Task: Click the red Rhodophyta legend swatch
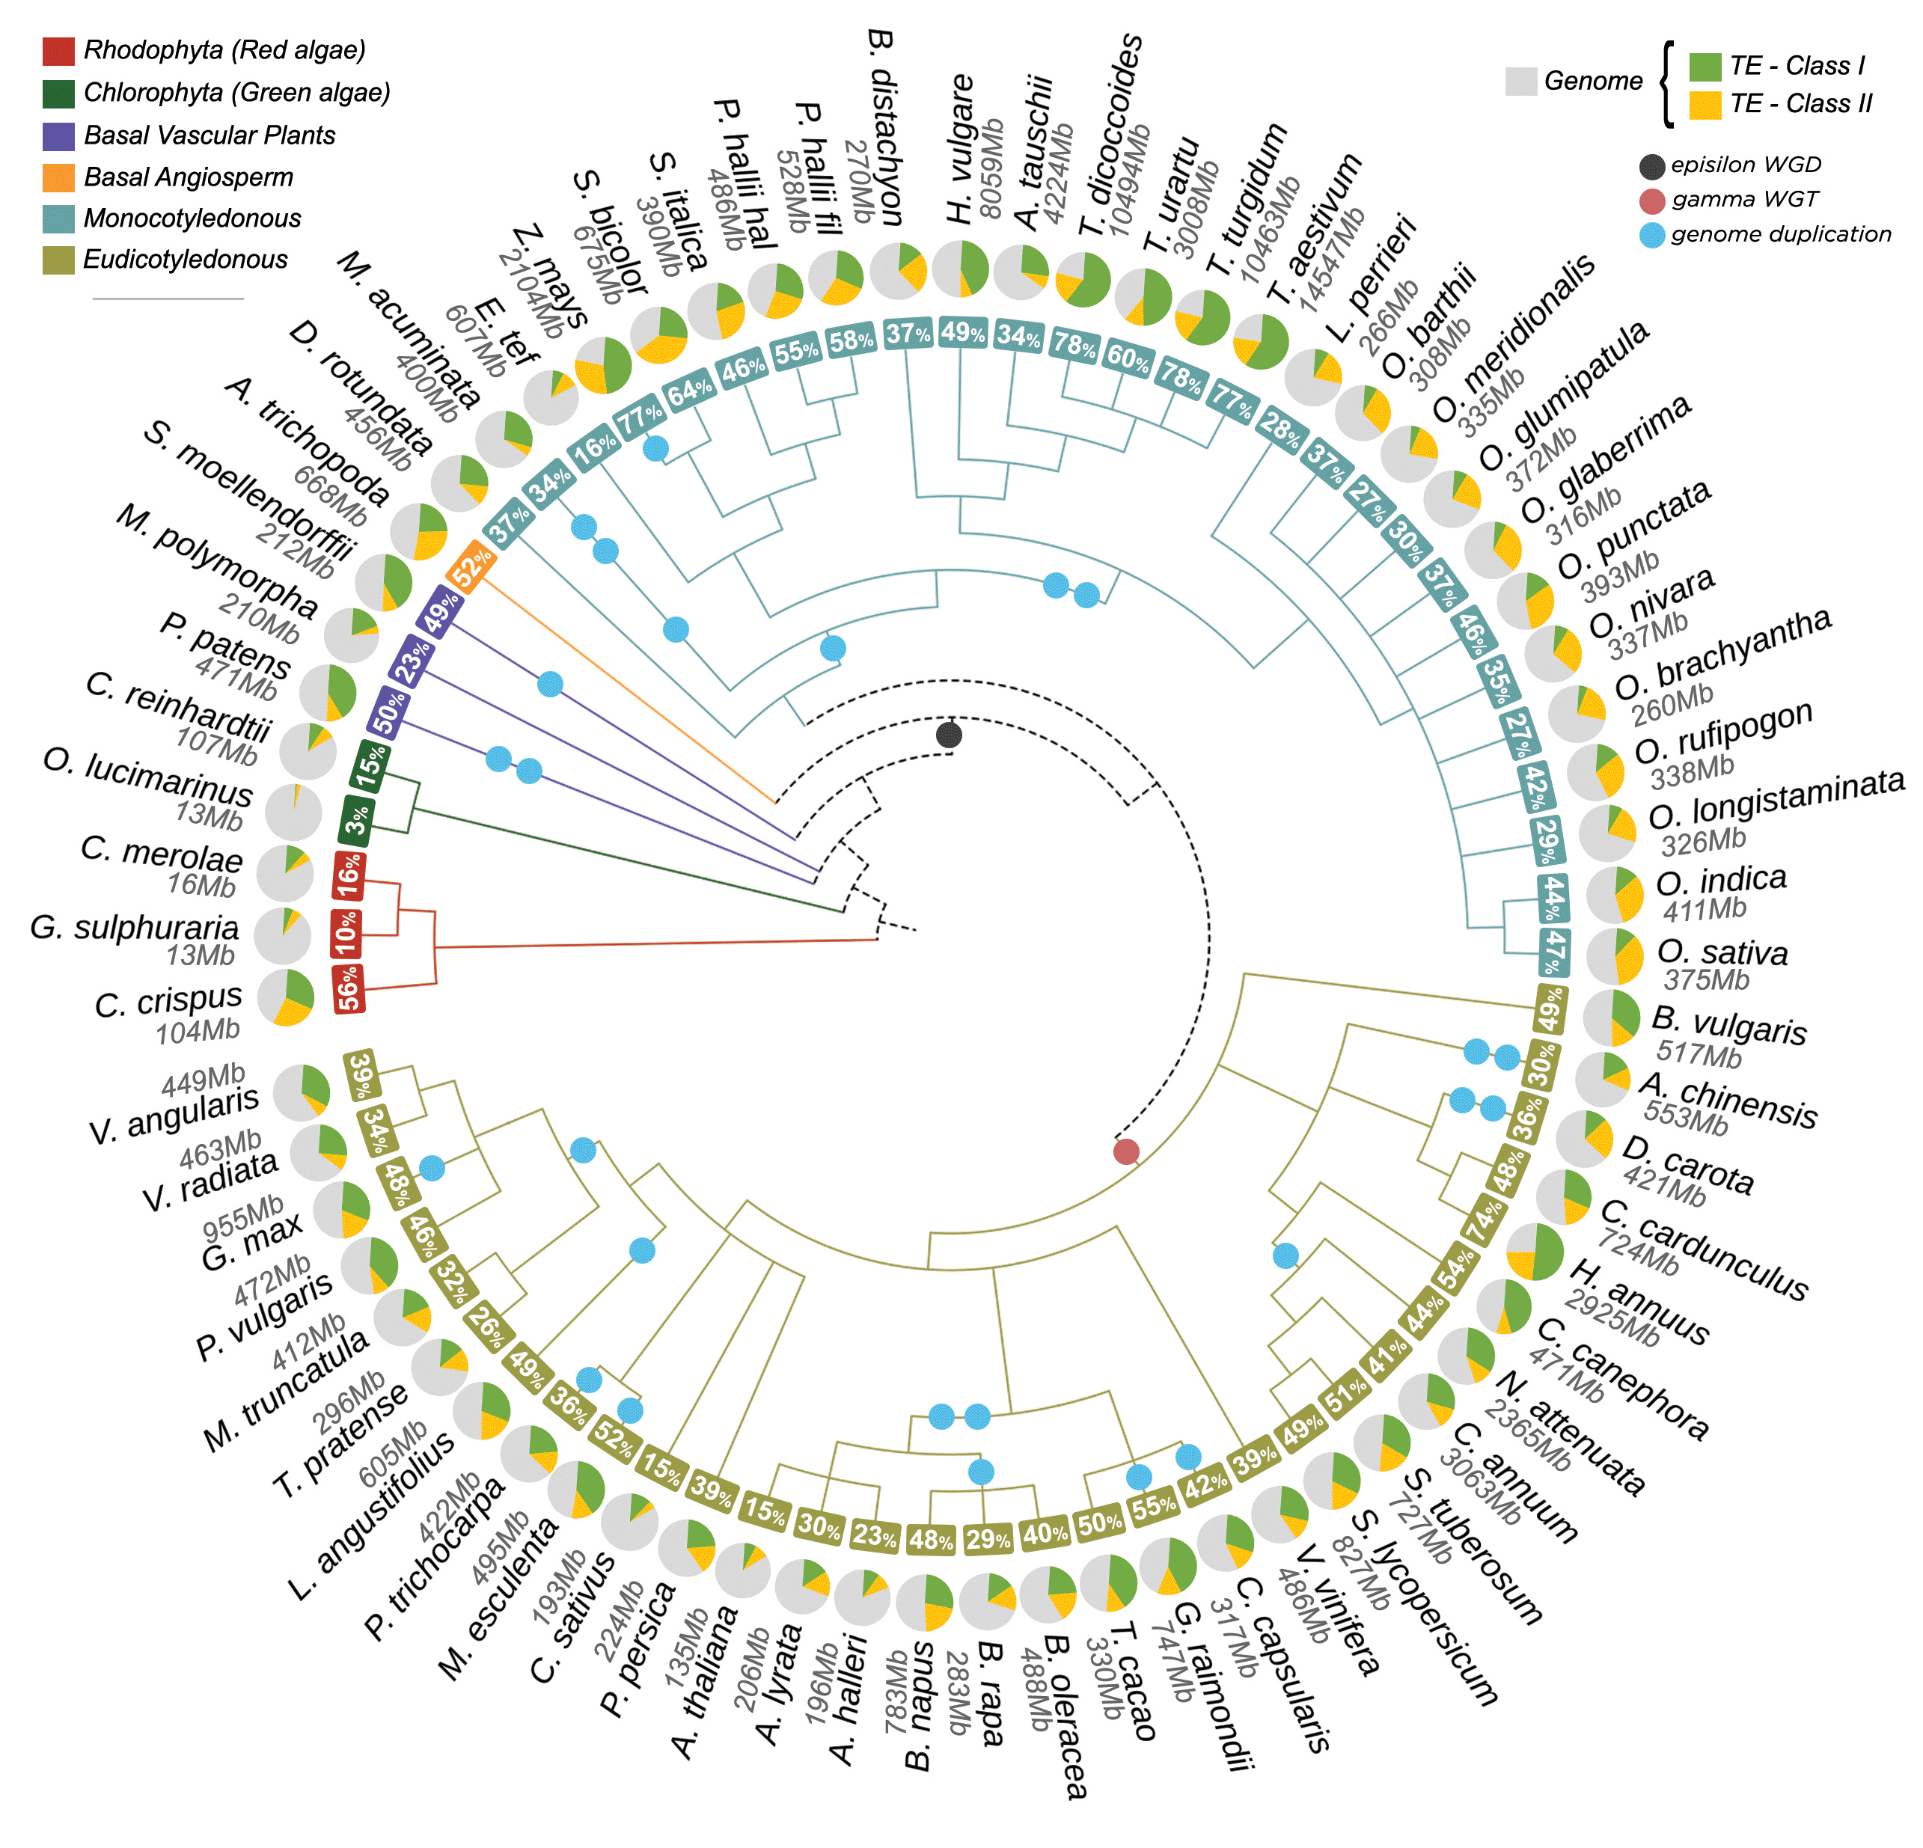click(59, 51)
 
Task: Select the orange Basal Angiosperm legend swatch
click(59, 177)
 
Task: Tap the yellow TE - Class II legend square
click(1705, 105)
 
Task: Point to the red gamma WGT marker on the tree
click(1126, 1151)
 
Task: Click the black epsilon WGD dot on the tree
click(949, 735)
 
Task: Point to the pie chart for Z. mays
click(603, 365)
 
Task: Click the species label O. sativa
click(1722, 952)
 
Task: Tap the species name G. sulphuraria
click(135, 927)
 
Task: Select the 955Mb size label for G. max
click(243, 1217)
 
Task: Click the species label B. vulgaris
click(1728, 1025)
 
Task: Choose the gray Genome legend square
click(1520, 82)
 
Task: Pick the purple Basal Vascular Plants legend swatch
click(59, 135)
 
